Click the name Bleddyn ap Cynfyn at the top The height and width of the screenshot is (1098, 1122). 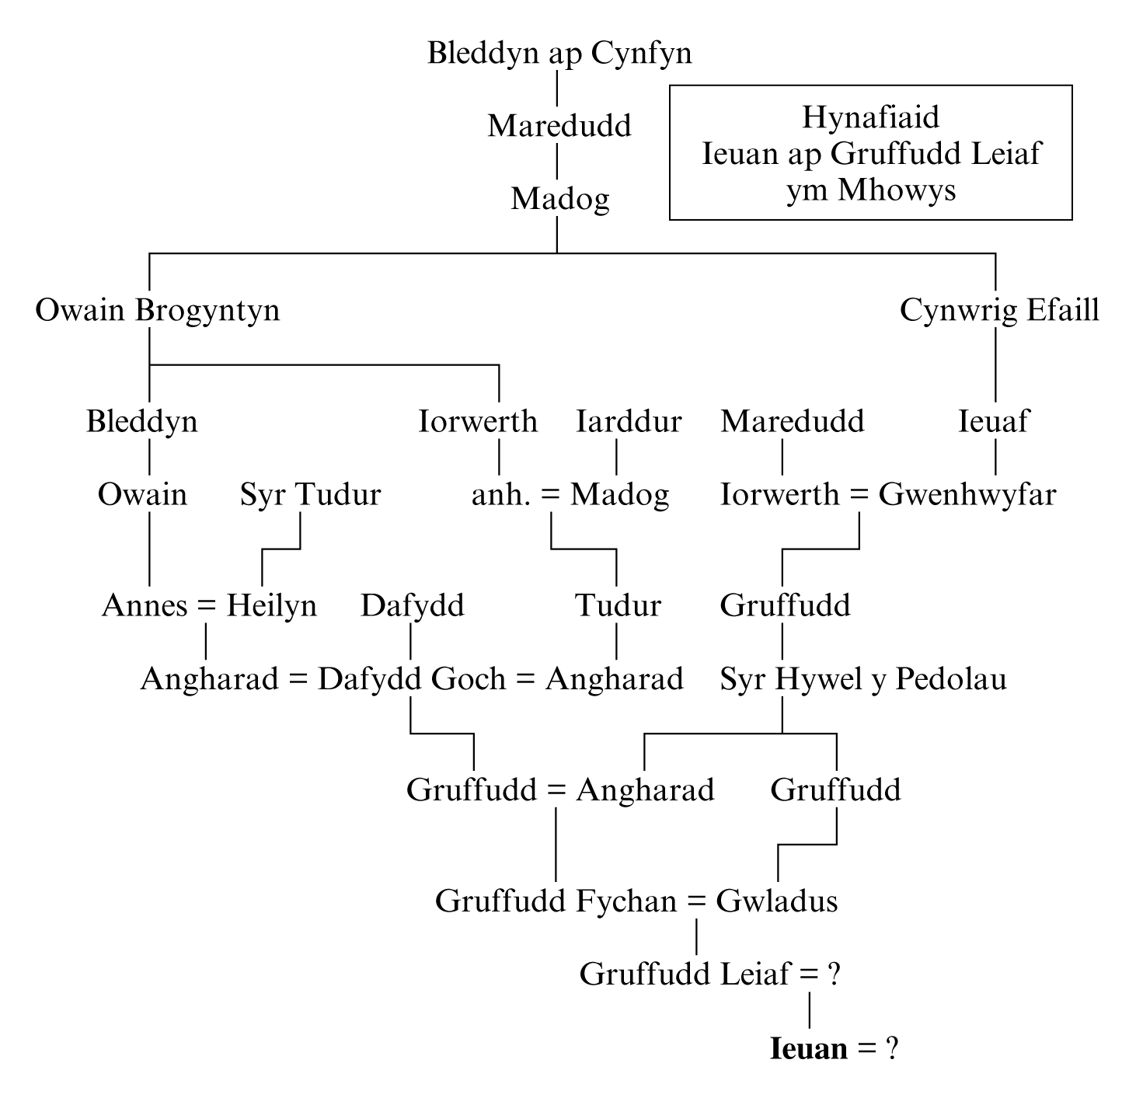click(559, 54)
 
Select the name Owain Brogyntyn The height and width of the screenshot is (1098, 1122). click(158, 311)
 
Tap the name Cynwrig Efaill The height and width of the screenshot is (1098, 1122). click(999, 311)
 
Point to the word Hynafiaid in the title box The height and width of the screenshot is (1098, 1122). click(870, 117)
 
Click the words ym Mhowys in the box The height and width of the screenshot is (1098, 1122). click(870, 190)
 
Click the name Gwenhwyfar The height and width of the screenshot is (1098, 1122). click(967, 495)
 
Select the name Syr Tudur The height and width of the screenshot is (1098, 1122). click(310, 495)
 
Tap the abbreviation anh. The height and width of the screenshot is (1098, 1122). click(501, 495)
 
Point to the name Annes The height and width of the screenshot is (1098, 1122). click(145, 606)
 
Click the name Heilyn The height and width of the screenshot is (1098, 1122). click(271, 606)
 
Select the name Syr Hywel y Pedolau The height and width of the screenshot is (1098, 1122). click(862, 679)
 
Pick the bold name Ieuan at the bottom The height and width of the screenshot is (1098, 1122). click(808, 1049)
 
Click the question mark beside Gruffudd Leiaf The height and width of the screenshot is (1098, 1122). click(834, 974)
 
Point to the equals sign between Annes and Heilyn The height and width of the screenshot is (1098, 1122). click(207, 606)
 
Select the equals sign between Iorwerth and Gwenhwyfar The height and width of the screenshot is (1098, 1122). click(859, 495)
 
